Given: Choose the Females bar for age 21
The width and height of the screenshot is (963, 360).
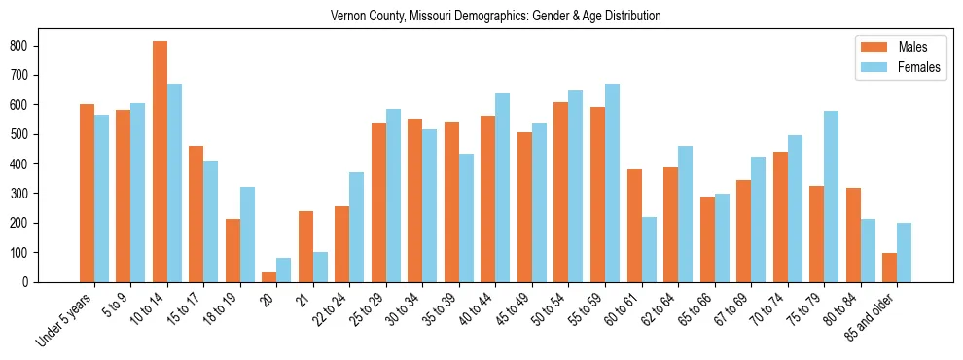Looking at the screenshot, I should (x=320, y=267).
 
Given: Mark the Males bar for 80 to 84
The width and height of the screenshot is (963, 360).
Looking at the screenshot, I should (x=853, y=234).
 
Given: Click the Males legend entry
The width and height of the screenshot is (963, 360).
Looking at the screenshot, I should (x=885, y=47).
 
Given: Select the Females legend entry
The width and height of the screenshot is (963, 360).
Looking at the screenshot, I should (x=889, y=68).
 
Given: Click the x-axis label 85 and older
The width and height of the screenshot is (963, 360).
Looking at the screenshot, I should (x=875, y=317).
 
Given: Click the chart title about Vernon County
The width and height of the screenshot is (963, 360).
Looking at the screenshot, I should (x=496, y=16).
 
